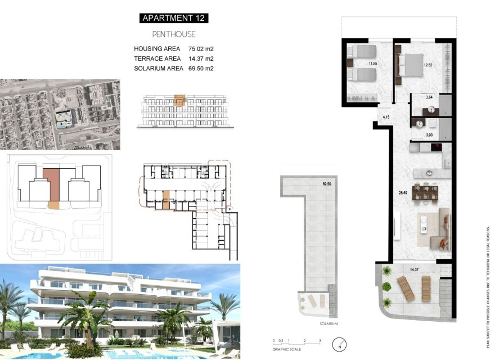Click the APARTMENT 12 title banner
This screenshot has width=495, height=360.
174,18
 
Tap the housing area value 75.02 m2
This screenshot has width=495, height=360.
201,49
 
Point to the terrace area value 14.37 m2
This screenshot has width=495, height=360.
201,58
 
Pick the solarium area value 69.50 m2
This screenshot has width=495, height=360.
201,69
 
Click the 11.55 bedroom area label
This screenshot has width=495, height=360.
372,64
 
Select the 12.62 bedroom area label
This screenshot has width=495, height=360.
427,65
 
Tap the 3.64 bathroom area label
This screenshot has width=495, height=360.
429,97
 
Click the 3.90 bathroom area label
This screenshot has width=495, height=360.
429,135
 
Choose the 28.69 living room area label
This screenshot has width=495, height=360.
403,193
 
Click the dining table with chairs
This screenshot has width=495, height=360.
426,193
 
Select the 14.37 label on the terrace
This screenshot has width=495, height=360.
415,270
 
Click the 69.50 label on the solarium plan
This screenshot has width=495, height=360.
327,184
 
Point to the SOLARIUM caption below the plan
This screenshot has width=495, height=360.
316,325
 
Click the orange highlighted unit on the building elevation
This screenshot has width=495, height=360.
179,101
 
